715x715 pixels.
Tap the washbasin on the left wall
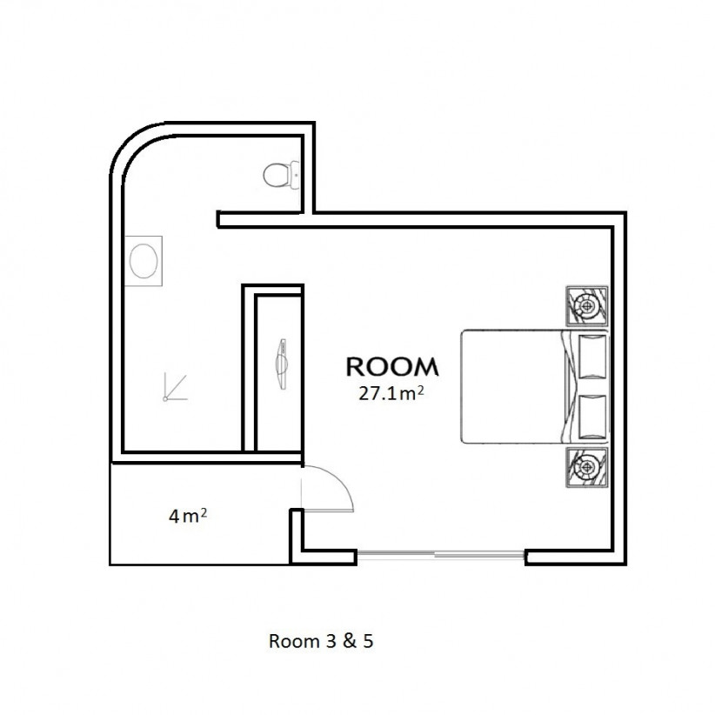(x=144, y=261)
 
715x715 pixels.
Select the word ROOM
(x=392, y=367)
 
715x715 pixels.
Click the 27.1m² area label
(x=391, y=393)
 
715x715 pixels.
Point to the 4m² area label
(x=188, y=516)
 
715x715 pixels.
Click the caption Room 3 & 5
(x=321, y=641)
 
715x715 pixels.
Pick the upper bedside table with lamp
(x=587, y=306)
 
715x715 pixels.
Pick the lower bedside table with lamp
(x=587, y=467)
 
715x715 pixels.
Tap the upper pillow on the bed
(x=593, y=357)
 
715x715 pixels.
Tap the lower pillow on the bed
(x=593, y=417)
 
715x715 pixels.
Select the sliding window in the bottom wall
(x=440, y=554)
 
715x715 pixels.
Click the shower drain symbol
(x=175, y=388)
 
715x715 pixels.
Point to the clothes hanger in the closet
(x=281, y=364)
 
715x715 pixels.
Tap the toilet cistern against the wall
(x=295, y=175)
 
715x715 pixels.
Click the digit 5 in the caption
(x=369, y=641)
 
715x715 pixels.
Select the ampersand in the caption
(x=350, y=641)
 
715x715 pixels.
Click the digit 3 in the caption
(x=331, y=641)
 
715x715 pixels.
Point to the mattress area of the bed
(x=511, y=387)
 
